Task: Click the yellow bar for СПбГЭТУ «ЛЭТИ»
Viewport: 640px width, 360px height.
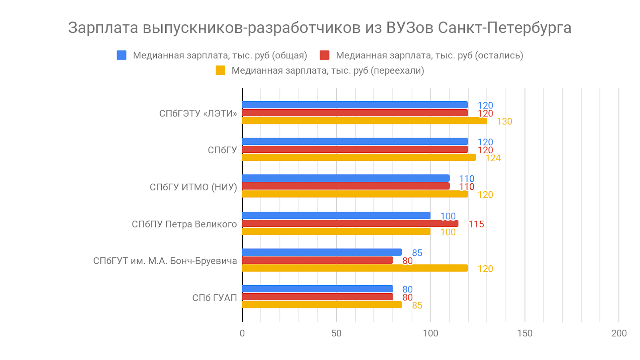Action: pyautogui.click(x=364, y=121)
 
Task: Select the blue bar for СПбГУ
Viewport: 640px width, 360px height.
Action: pyautogui.click(x=355, y=142)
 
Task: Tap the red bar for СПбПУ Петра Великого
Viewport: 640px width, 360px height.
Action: pyautogui.click(x=350, y=224)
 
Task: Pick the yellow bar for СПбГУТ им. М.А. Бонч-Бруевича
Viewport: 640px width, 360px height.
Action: pyautogui.click(x=355, y=268)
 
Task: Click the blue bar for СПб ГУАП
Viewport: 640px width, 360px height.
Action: pyautogui.click(x=318, y=289)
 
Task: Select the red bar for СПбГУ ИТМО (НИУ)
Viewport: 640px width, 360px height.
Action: pyautogui.click(x=346, y=186)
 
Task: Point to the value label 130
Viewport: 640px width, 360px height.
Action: pyautogui.click(x=504, y=122)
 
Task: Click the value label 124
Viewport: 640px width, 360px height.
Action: pyautogui.click(x=493, y=158)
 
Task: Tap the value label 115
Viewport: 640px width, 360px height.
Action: pyautogui.click(x=476, y=224)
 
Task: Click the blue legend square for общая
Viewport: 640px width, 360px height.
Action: pyautogui.click(x=122, y=55)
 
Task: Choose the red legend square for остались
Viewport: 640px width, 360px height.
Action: pyautogui.click(x=324, y=55)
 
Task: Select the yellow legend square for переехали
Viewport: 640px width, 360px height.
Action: pyautogui.click(x=220, y=70)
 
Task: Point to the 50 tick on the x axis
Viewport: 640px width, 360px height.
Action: pyautogui.click(x=336, y=334)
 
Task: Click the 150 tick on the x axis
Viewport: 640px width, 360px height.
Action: pyautogui.click(x=525, y=334)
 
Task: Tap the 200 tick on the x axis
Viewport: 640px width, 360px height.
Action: pyautogui.click(x=619, y=334)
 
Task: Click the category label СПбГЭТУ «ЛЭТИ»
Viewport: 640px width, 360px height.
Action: pyautogui.click(x=198, y=114)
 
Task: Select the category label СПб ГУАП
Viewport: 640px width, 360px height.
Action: pyautogui.click(x=214, y=298)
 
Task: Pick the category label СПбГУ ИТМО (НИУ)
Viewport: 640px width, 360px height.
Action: pyautogui.click(x=193, y=187)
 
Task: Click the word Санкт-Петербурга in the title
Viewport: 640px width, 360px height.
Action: pyautogui.click(x=504, y=28)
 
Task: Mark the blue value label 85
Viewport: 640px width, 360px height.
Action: pyautogui.click(x=417, y=253)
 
